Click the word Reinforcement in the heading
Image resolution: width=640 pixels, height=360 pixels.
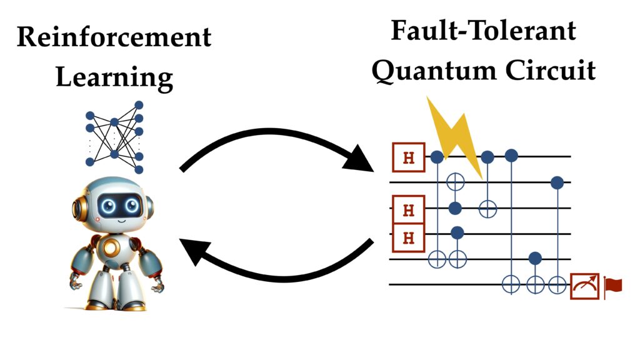pos(114,37)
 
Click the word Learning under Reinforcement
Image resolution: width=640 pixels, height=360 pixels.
pos(114,78)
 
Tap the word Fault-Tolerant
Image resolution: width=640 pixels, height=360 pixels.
pos(483,30)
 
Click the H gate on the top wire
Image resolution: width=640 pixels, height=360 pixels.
pos(409,157)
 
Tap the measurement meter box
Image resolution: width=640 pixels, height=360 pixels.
pos(584,286)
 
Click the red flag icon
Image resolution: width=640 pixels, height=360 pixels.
pos(613,286)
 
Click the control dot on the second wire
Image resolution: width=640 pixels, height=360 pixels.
pos(557,182)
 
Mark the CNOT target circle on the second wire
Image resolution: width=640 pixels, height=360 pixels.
pos(457,182)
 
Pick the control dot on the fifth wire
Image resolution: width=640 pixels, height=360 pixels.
pos(535,257)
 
